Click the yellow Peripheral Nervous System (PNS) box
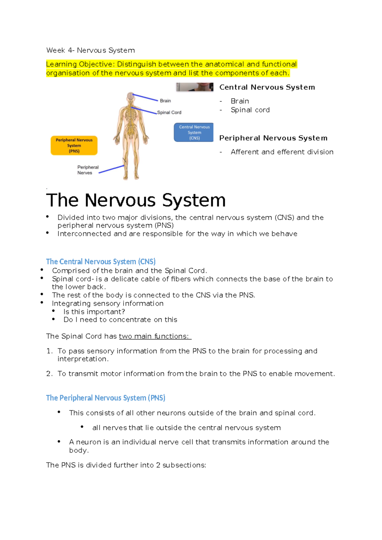click(74, 146)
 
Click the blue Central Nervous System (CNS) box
click(194, 132)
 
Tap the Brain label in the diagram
click(165, 101)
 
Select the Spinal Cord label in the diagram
click(169, 112)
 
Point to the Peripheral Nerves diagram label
click(88, 170)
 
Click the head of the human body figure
click(130, 96)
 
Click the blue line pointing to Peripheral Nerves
click(111, 169)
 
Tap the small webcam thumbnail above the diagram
click(195, 87)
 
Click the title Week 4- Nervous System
click(90, 50)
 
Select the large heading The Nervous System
click(136, 200)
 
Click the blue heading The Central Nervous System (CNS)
click(101, 262)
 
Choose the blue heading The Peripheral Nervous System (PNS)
click(105, 398)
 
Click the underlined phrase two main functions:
click(155, 336)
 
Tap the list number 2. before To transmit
click(49, 374)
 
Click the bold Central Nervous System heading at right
click(267, 87)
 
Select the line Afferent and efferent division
click(282, 152)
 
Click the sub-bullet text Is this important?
click(94, 312)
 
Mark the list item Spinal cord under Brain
click(250, 110)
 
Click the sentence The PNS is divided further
click(126, 465)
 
